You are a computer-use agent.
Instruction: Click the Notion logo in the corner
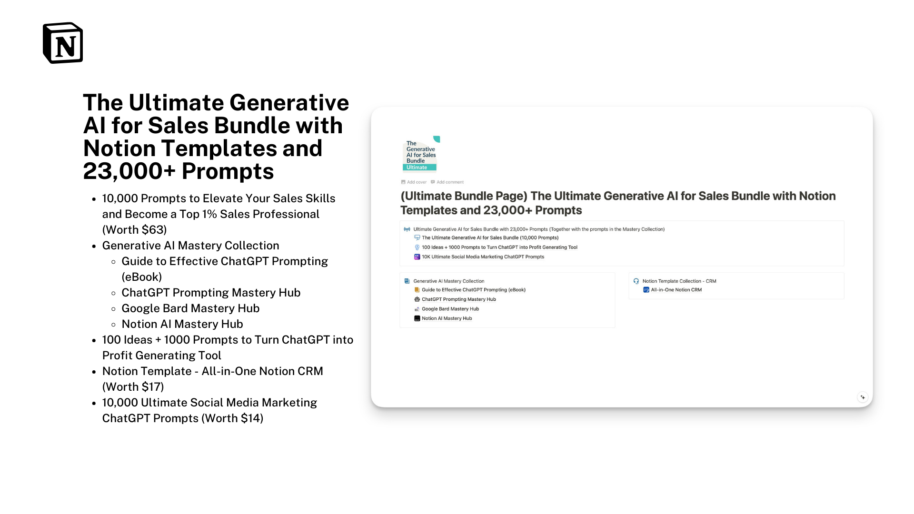coord(63,43)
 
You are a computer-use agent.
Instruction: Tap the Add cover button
coord(414,182)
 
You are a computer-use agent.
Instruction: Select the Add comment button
coord(447,182)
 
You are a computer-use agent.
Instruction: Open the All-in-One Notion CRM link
coord(676,290)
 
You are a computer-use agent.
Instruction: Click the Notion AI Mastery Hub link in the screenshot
coord(447,318)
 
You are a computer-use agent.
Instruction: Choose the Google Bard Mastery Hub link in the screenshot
coord(450,309)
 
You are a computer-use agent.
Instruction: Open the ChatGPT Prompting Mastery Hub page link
coord(458,299)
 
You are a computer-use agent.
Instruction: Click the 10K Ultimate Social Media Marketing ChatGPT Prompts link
coord(483,257)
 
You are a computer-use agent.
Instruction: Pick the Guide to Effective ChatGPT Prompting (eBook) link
coord(473,290)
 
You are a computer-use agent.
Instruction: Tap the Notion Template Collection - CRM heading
coord(679,281)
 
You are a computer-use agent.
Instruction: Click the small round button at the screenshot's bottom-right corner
coord(863,397)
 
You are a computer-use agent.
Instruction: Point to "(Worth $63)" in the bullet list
coord(135,230)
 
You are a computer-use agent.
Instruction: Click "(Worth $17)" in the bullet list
coord(133,387)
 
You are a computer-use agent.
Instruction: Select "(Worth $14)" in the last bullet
coord(232,418)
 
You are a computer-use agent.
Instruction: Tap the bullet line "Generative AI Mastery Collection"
coord(191,246)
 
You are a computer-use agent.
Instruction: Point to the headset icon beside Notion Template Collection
coord(636,281)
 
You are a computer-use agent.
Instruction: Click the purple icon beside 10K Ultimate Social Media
coord(417,257)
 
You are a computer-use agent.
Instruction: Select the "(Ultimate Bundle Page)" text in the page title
coord(464,196)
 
